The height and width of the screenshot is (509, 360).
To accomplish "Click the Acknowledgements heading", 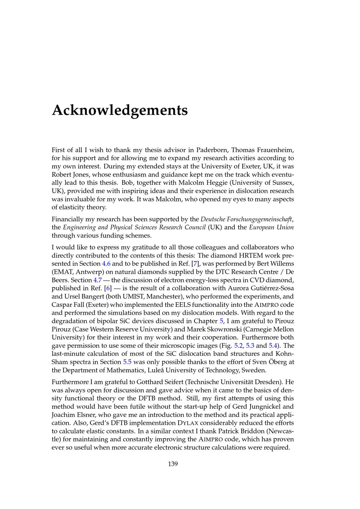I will (x=120, y=110).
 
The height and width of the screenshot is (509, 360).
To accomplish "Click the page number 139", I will (x=173, y=464).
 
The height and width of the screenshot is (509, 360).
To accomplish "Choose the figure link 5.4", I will (x=273, y=346).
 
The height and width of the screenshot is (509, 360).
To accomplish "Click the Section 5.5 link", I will (x=127, y=362).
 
